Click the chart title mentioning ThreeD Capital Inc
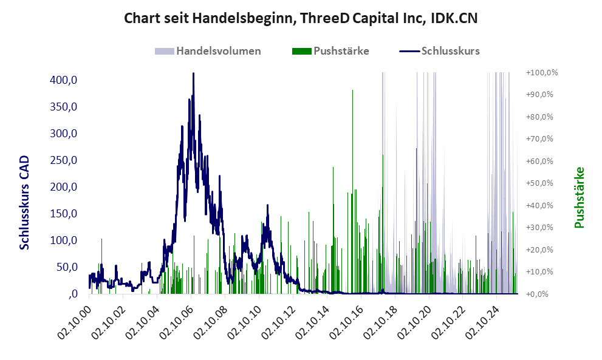coord(301,19)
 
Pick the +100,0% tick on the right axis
coord(537,73)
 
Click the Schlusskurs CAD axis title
coord(25,203)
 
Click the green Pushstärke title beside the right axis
coord(579,197)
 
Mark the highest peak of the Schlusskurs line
coord(193,73)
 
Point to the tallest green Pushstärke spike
coord(352,90)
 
